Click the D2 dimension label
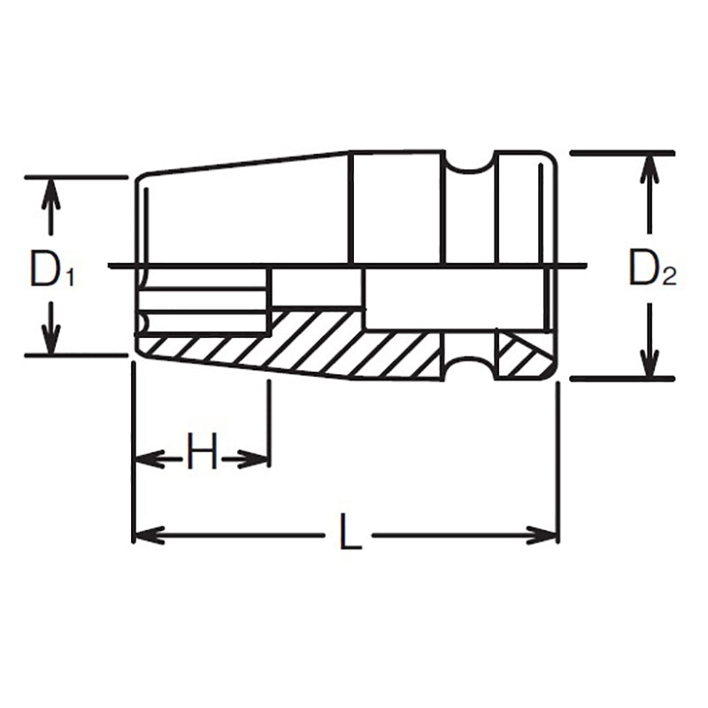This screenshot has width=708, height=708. tap(651, 270)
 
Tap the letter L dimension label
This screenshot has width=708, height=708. tap(350, 535)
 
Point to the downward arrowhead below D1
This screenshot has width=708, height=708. tap(52, 340)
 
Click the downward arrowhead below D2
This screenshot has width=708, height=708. tap(650, 364)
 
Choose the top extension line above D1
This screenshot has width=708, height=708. tap(75, 177)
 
